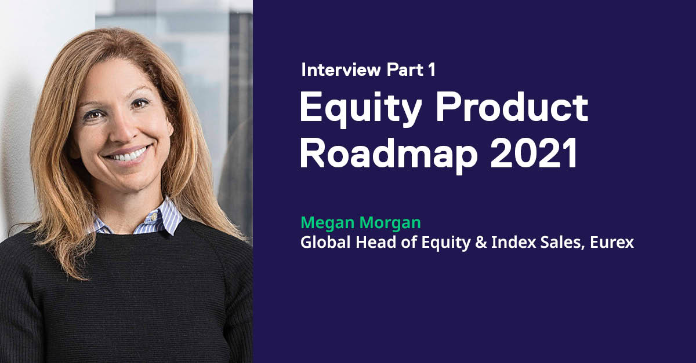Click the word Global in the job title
[320, 242]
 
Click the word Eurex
[611, 242]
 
